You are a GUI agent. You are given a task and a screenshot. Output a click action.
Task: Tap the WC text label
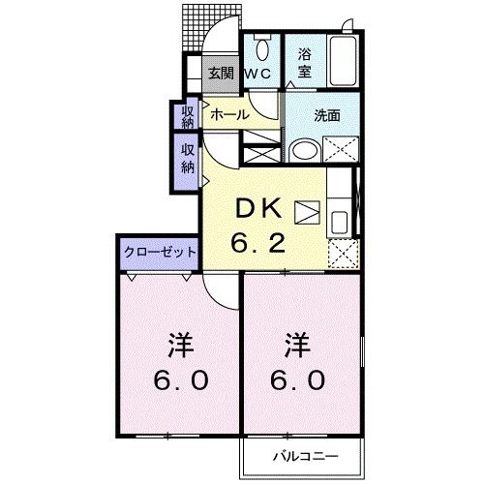click(257, 74)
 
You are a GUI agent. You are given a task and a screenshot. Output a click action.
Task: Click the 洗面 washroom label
click(326, 114)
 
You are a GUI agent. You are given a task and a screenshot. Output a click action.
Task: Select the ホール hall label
click(228, 114)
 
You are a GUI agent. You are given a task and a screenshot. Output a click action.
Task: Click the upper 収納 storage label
click(187, 116)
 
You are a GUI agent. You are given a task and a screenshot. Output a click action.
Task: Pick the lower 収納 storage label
click(187, 158)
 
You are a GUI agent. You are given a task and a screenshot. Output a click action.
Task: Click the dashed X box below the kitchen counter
click(341, 251)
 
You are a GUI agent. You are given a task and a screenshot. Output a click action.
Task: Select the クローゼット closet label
click(160, 252)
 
